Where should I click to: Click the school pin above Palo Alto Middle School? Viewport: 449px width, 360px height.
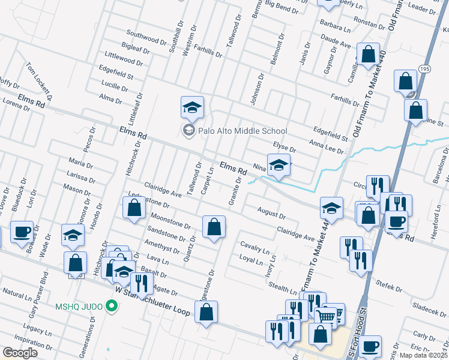pos(192,108)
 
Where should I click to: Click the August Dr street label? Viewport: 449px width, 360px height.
pos(271,212)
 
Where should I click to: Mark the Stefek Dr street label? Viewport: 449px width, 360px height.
pos(388,284)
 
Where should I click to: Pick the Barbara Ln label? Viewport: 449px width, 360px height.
pos(335,28)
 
